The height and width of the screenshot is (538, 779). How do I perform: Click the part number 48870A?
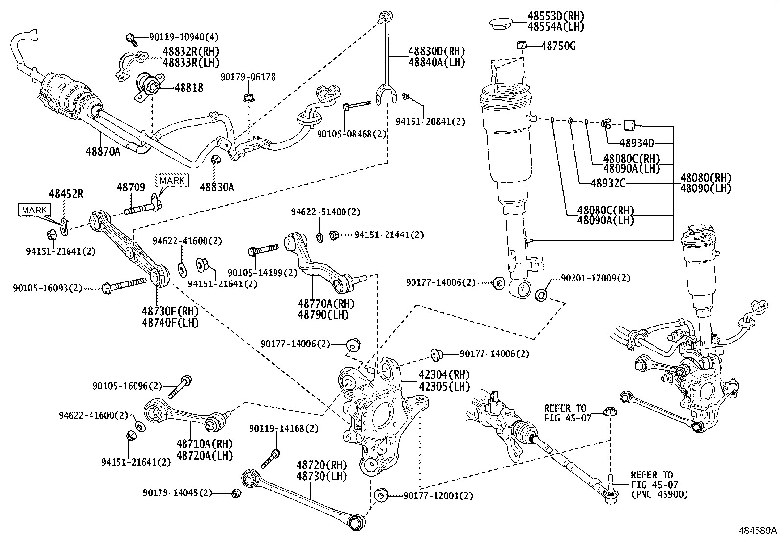click(x=103, y=152)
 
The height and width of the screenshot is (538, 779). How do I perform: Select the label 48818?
click(x=185, y=88)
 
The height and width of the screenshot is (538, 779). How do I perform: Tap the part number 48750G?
click(x=558, y=46)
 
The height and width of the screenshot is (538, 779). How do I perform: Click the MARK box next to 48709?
click(x=172, y=180)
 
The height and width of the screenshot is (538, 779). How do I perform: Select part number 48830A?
click(x=217, y=186)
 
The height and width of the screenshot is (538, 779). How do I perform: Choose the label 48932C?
click(x=608, y=183)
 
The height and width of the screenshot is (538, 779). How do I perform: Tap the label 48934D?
click(x=637, y=143)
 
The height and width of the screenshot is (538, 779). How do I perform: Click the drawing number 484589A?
click(x=757, y=530)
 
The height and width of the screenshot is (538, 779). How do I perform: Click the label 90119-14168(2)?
click(x=283, y=428)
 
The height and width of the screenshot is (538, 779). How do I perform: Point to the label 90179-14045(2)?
click(x=178, y=492)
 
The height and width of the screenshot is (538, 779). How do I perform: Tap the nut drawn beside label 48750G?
click(x=522, y=46)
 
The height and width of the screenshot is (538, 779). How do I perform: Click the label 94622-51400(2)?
click(x=325, y=212)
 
